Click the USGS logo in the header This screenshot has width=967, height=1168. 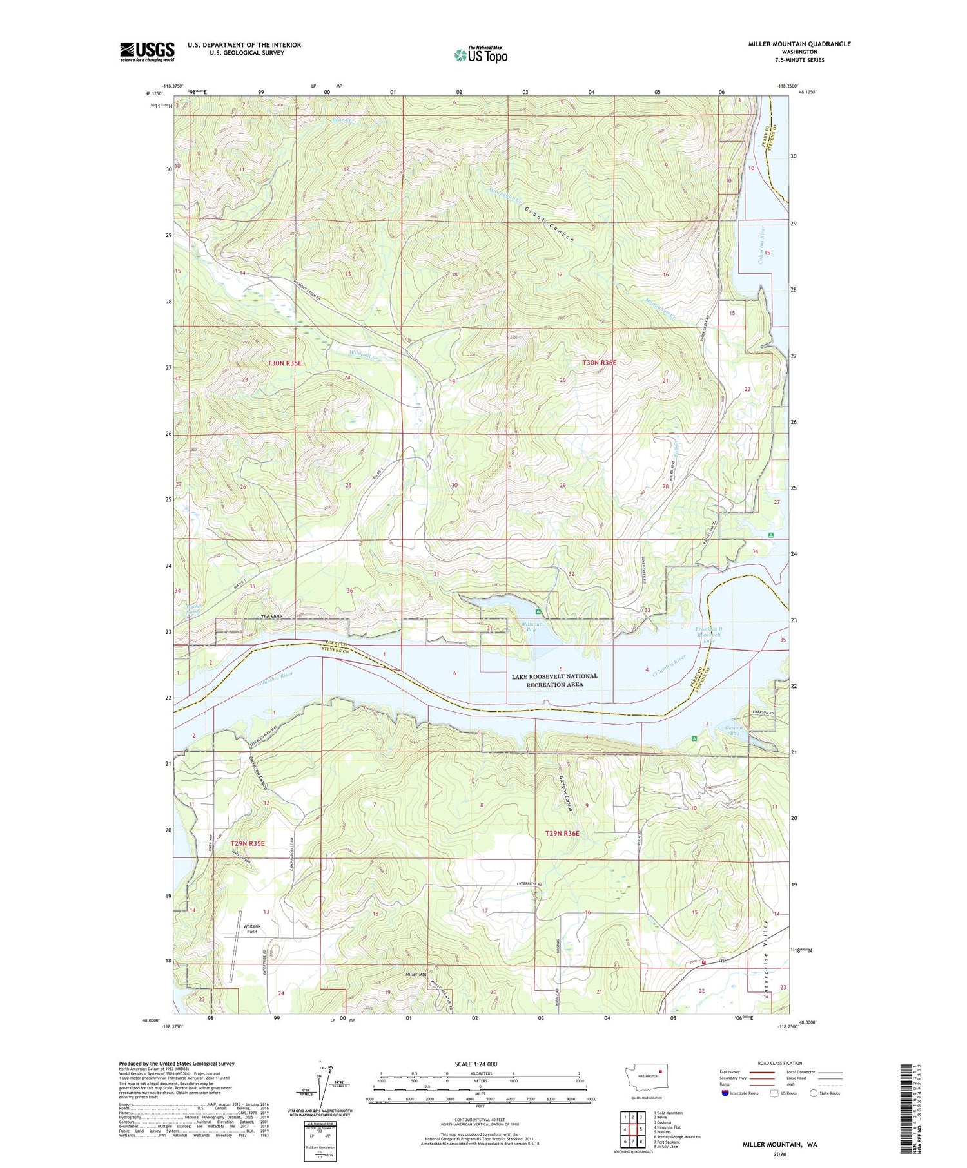147,52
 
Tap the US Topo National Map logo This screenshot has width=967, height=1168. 480,55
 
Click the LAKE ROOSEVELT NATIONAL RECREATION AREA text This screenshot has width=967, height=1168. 554,680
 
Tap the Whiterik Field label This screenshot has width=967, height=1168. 251,929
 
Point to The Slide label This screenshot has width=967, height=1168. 271,617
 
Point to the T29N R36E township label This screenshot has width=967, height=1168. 562,833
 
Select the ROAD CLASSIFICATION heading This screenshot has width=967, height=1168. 780,1063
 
